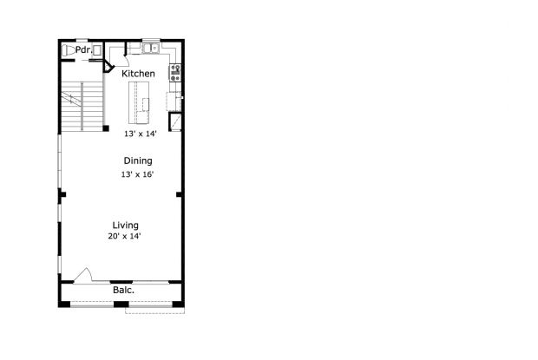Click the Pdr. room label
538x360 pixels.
pos(83,50)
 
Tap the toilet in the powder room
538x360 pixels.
pos(69,50)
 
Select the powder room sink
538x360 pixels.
pos(97,50)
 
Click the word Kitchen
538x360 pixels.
pos(138,74)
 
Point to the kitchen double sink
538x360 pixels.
pos(151,48)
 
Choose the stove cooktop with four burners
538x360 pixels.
pos(175,73)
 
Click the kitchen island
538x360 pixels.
pos(139,102)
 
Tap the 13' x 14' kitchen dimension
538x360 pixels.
pos(141,134)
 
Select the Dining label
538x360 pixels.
pos(138,161)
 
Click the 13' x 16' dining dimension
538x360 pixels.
pos(137,174)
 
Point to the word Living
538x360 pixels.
pos(126,226)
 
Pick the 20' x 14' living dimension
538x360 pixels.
pos(125,236)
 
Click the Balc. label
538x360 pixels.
pos(123,290)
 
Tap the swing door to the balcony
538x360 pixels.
pos(83,276)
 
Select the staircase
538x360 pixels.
pos(82,107)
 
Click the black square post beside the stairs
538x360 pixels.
pos(106,128)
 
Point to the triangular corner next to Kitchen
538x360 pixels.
pos(108,67)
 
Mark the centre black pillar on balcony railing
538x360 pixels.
pos(121,304)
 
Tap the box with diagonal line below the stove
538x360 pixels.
pos(175,121)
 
